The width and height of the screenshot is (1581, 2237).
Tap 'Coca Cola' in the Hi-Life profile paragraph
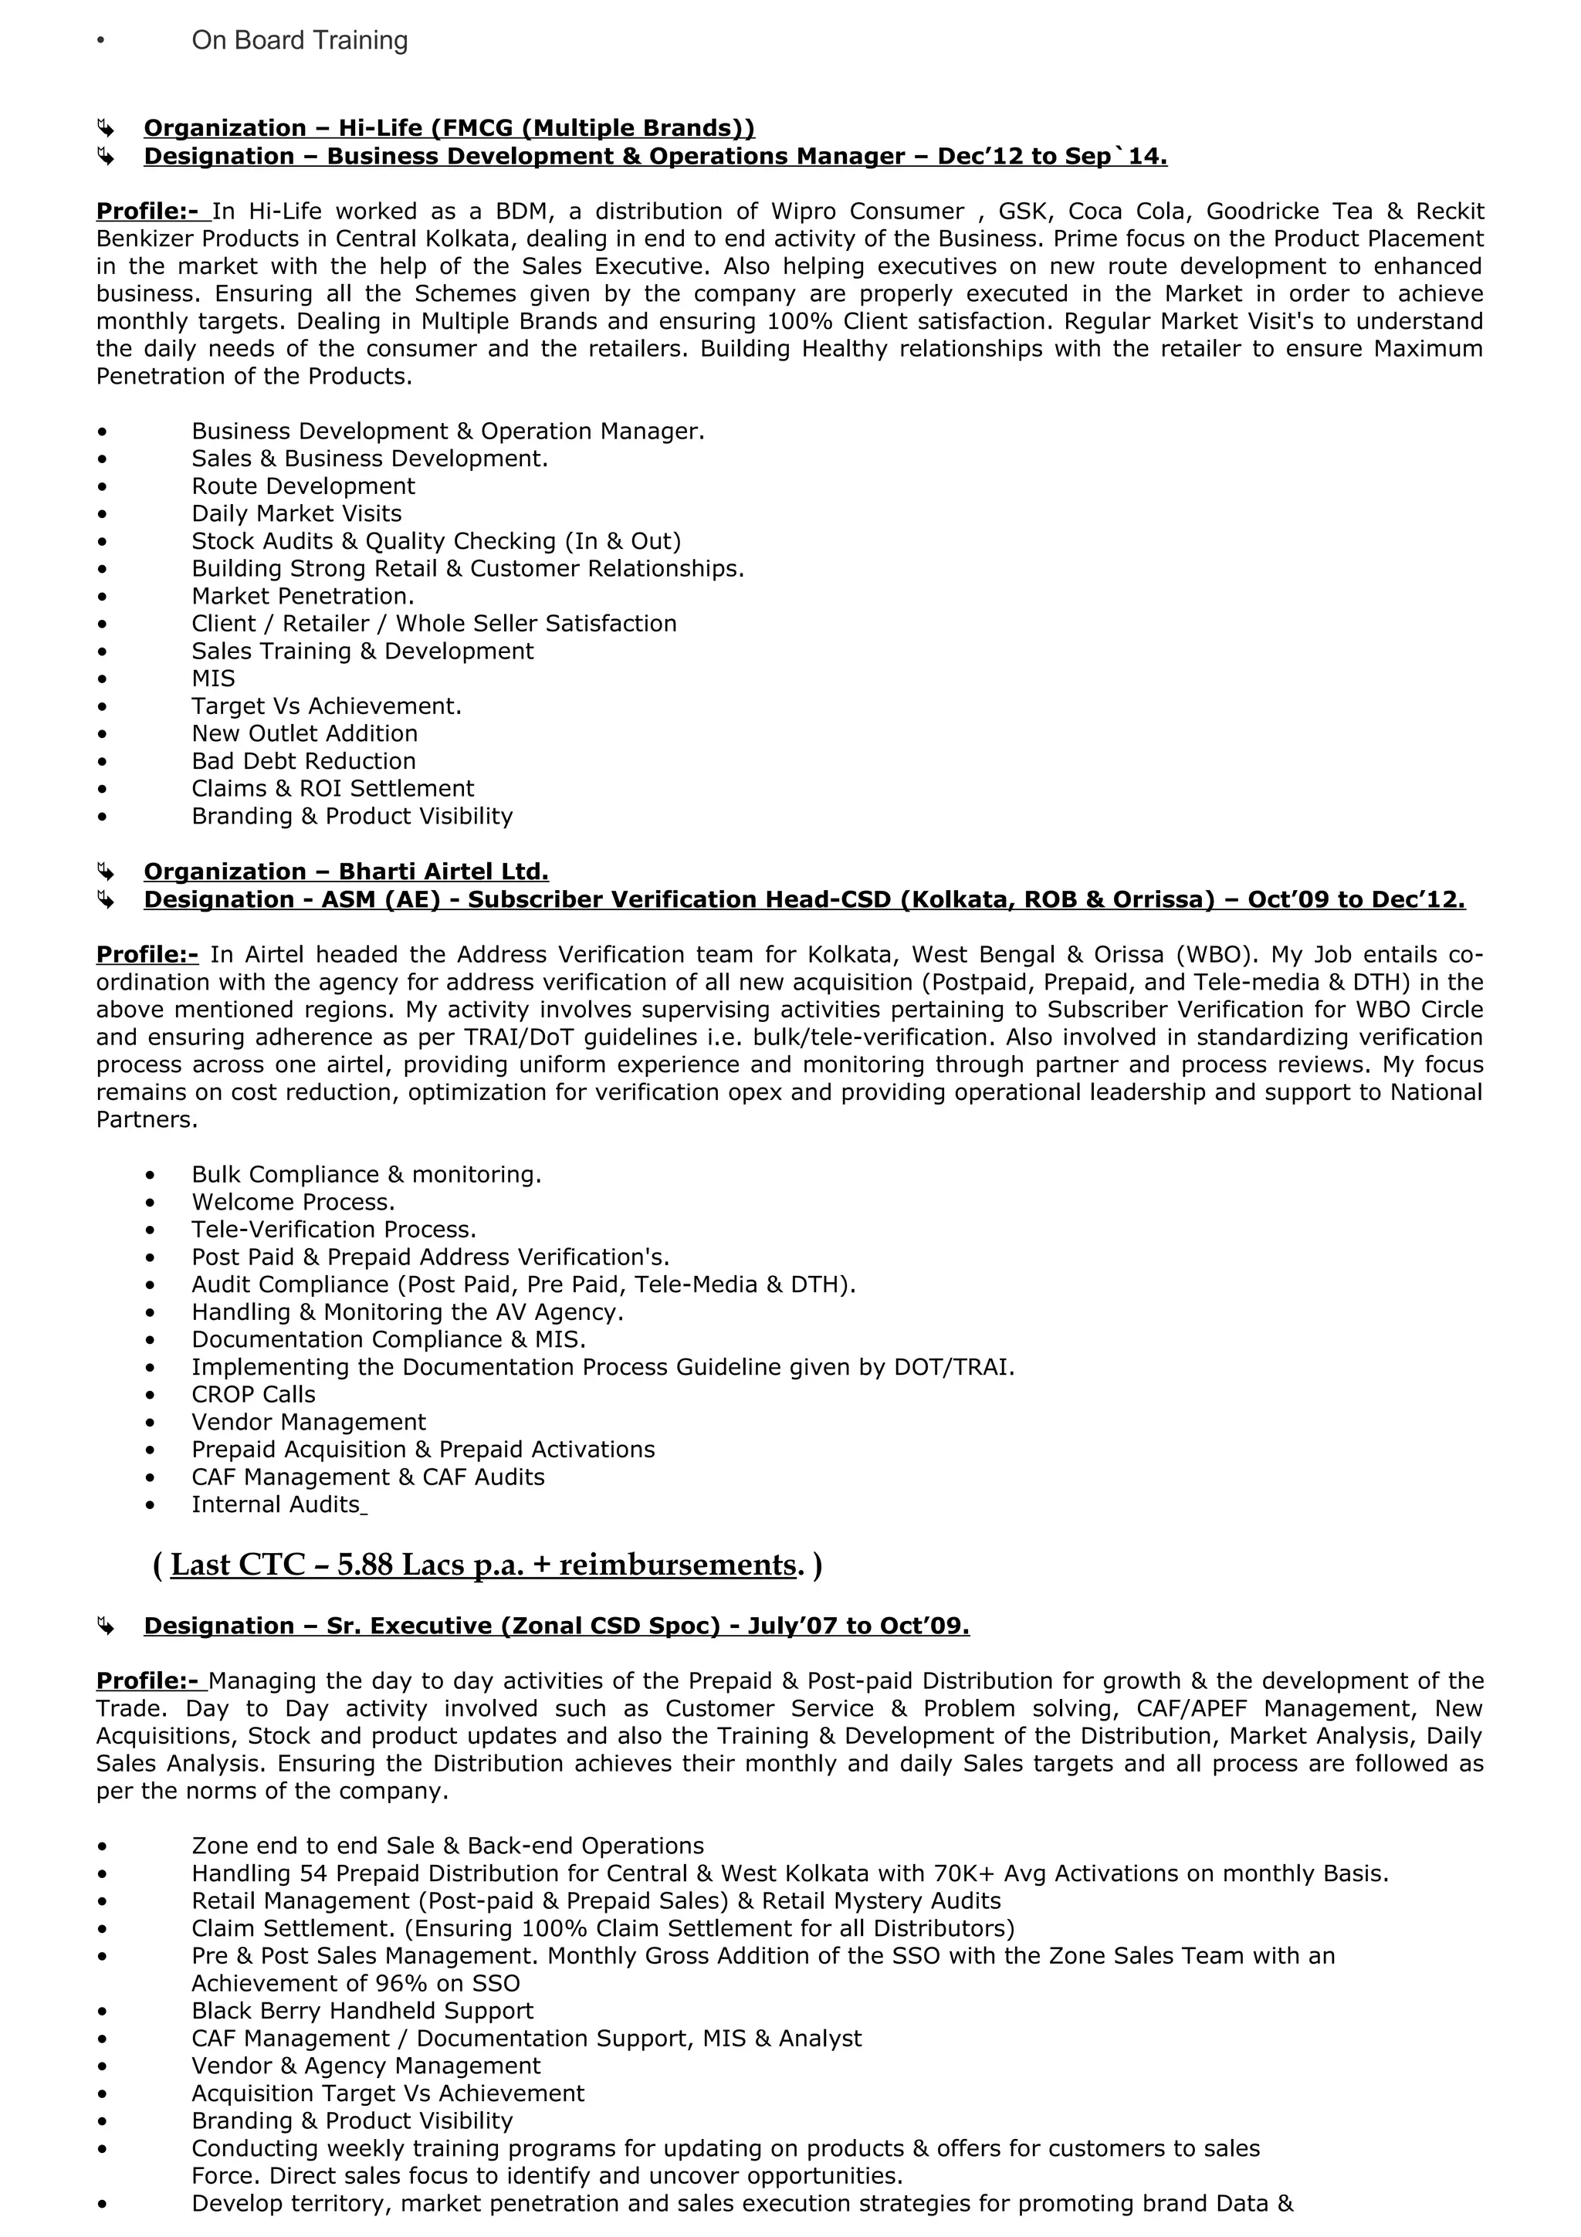click(1128, 212)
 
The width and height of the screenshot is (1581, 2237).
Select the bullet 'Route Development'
click(303, 486)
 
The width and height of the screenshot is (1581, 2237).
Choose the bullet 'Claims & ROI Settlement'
click(332, 788)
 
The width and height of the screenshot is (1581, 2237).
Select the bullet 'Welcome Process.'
click(293, 1203)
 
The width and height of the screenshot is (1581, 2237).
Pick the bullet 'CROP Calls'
click(253, 1394)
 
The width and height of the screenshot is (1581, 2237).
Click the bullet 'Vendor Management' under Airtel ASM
click(309, 1423)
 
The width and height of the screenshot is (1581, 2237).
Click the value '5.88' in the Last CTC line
click(364, 1565)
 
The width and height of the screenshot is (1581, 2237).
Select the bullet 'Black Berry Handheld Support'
click(362, 2011)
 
